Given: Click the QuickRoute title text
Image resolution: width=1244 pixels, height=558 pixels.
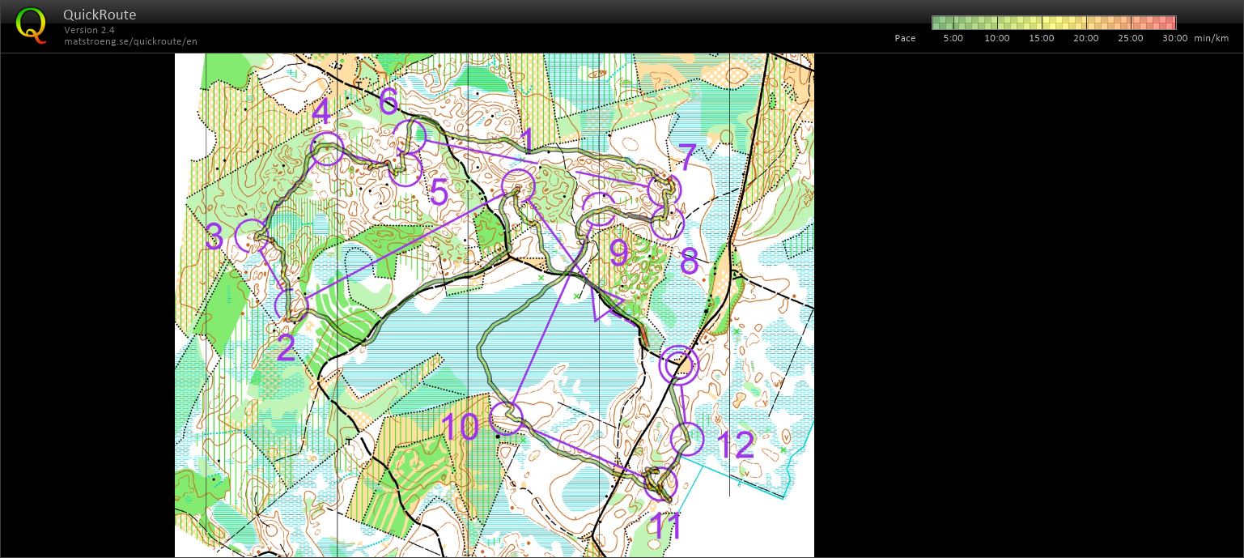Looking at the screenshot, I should (99, 15).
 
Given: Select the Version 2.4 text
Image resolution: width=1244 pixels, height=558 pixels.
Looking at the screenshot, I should (89, 30).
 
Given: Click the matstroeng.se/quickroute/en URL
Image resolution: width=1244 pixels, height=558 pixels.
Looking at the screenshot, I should (130, 41).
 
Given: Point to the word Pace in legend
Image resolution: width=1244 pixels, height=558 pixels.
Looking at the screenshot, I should (905, 38).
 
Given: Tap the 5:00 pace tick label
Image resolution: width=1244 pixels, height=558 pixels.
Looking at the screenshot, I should (953, 38).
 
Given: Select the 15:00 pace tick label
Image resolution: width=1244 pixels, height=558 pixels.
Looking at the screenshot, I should (1041, 38).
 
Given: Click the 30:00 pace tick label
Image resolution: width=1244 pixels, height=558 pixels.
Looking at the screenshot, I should (1174, 38).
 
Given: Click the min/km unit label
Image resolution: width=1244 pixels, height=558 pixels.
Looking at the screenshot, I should (1211, 38).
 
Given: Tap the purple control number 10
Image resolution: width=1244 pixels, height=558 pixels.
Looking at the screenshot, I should (460, 427).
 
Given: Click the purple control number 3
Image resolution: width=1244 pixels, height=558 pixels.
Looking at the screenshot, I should (214, 238).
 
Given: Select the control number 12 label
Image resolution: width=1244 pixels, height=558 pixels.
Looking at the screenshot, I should (735, 445).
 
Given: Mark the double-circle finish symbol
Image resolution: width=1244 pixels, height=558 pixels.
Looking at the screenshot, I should (678, 364).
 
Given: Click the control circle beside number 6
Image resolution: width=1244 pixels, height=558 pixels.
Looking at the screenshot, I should (410, 136).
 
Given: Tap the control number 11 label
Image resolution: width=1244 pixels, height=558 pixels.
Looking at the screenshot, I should (667, 526).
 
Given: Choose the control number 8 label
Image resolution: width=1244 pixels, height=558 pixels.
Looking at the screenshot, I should (689, 262).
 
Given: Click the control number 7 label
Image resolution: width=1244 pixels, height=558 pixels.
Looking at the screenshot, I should (686, 157).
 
